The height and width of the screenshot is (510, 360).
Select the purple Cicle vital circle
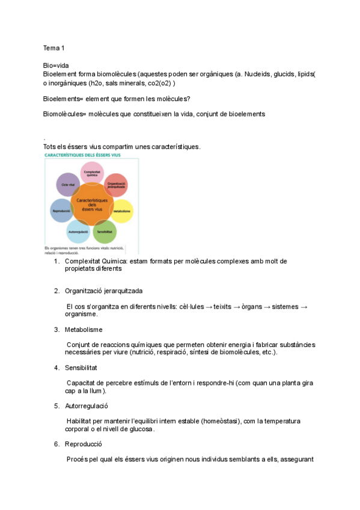68,185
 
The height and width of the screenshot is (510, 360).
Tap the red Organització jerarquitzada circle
115,185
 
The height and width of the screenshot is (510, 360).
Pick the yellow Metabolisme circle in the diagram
123,211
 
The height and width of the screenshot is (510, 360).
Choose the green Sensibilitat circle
105,232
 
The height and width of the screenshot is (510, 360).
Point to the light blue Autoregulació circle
78,232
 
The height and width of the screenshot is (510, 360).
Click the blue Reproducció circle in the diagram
61,211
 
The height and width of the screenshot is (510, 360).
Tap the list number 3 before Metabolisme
56,330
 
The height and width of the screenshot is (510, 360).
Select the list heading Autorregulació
87,406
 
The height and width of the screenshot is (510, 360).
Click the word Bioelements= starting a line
63,98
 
